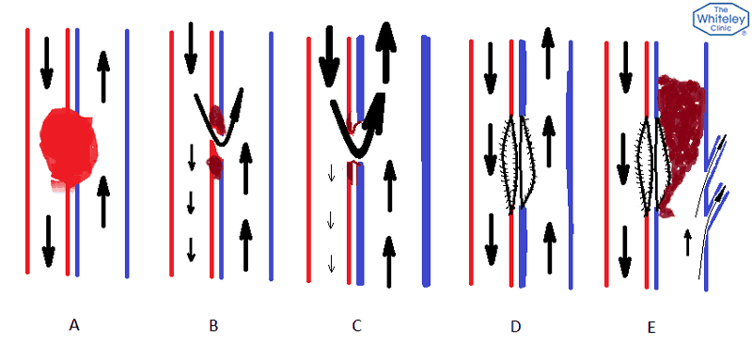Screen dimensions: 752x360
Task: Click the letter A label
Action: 74,325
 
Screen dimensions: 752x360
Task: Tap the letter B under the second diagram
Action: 213,325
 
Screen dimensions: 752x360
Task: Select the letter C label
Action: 356,325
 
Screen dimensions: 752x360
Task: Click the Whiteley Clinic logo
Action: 718,20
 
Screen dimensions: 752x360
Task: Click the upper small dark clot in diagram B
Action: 217,118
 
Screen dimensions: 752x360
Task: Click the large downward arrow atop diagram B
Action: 190,47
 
